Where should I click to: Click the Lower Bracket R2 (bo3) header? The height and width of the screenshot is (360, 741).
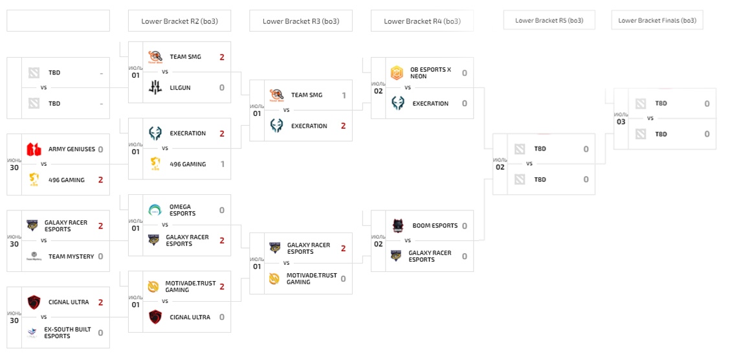click(x=179, y=21)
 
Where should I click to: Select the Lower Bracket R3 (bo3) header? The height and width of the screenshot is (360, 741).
click(x=300, y=21)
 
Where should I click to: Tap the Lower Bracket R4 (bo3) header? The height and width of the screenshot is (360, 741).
click(x=422, y=21)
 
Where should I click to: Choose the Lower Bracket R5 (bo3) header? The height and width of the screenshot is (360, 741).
click(x=549, y=20)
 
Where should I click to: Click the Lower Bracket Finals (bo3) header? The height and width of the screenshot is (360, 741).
click(x=657, y=20)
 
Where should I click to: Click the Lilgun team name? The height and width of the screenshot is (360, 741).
click(x=181, y=87)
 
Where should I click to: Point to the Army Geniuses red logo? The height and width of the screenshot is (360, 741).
click(x=34, y=150)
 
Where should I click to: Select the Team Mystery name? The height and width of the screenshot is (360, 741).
click(x=71, y=256)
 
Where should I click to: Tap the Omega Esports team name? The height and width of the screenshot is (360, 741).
click(x=182, y=210)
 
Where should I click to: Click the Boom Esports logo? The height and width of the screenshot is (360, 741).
click(x=397, y=225)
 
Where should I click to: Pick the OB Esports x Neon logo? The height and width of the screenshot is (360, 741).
click(x=397, y=73)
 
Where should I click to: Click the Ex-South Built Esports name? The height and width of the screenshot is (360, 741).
click(x=67, y=333)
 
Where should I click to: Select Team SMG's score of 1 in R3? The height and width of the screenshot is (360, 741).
click(x=344, y=95)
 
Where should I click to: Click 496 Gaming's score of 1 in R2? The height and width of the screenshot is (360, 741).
click(x=222, y=164)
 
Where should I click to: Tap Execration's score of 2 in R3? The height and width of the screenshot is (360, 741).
click(x=343, y=126)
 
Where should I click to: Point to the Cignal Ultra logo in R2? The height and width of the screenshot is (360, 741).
click(x=155, y=317)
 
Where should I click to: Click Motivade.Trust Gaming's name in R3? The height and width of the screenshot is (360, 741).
click(x=311, y=278)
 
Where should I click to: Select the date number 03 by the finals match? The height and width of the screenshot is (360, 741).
click(x=621, y=122)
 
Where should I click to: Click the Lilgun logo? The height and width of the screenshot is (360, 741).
click(x=155, y=87)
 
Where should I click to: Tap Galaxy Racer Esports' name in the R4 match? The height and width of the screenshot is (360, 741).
click(x=430, y=256)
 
